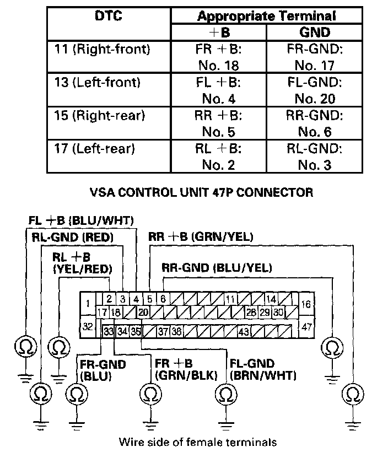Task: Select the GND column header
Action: (313, 33)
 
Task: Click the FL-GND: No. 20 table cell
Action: (313, 91)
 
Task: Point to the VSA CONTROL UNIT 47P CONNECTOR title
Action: (201, 193)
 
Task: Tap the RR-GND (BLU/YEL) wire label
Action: (217, 268)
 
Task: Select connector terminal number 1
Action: (88, 303)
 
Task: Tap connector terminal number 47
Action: (306, 326)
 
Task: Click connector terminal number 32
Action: (88, 326)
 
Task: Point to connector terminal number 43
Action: (244, 331)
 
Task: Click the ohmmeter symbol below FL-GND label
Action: (226, 394)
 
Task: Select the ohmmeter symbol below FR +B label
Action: (149, 394)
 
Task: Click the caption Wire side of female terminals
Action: (197, 442)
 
